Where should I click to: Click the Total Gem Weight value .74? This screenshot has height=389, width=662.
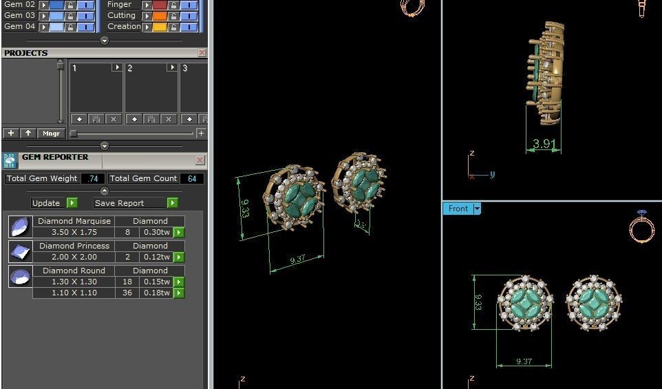pyautogui.click(x=92, y=178)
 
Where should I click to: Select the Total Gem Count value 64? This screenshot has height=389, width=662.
pyautogui.click(x=191, y=178)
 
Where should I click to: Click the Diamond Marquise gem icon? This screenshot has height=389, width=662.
pyautogui.click(x=20, y=227)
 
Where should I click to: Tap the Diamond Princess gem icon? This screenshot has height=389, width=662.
pyautogui.click(x=20, y=251)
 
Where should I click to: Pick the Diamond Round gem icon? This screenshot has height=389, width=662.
pyautogui.click(x=20, y=276)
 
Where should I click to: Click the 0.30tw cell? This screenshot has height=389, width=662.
pyautogui.click(x=156, y=233)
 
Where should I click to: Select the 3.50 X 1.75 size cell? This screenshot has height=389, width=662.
pyautogui.click(x=74, y=233)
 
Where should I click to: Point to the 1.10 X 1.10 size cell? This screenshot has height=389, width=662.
pyautogui.click(x=74, y=293)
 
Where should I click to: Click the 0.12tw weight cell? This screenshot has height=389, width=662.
pyautogui.click(x=156, y=257)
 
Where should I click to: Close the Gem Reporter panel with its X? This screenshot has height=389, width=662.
pyautogui.click(x=200, y=160)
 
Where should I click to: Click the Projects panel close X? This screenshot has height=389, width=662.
pyautogui.click(x=202, y=53)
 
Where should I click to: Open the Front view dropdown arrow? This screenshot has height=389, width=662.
pyautogui.click(x=476, y=209)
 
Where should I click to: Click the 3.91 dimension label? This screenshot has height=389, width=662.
pyautogui.click(x=544, y=145)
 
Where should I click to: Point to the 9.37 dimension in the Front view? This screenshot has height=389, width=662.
pyautogui.click(x=524, y=361)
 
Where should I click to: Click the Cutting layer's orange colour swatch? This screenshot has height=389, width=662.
pyautogui.click(x=160, y=16)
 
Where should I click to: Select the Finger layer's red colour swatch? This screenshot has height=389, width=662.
pyautogui.click(x=160, y=5)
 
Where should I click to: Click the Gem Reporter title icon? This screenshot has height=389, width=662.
pyautogui.click(x=10, y=160)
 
